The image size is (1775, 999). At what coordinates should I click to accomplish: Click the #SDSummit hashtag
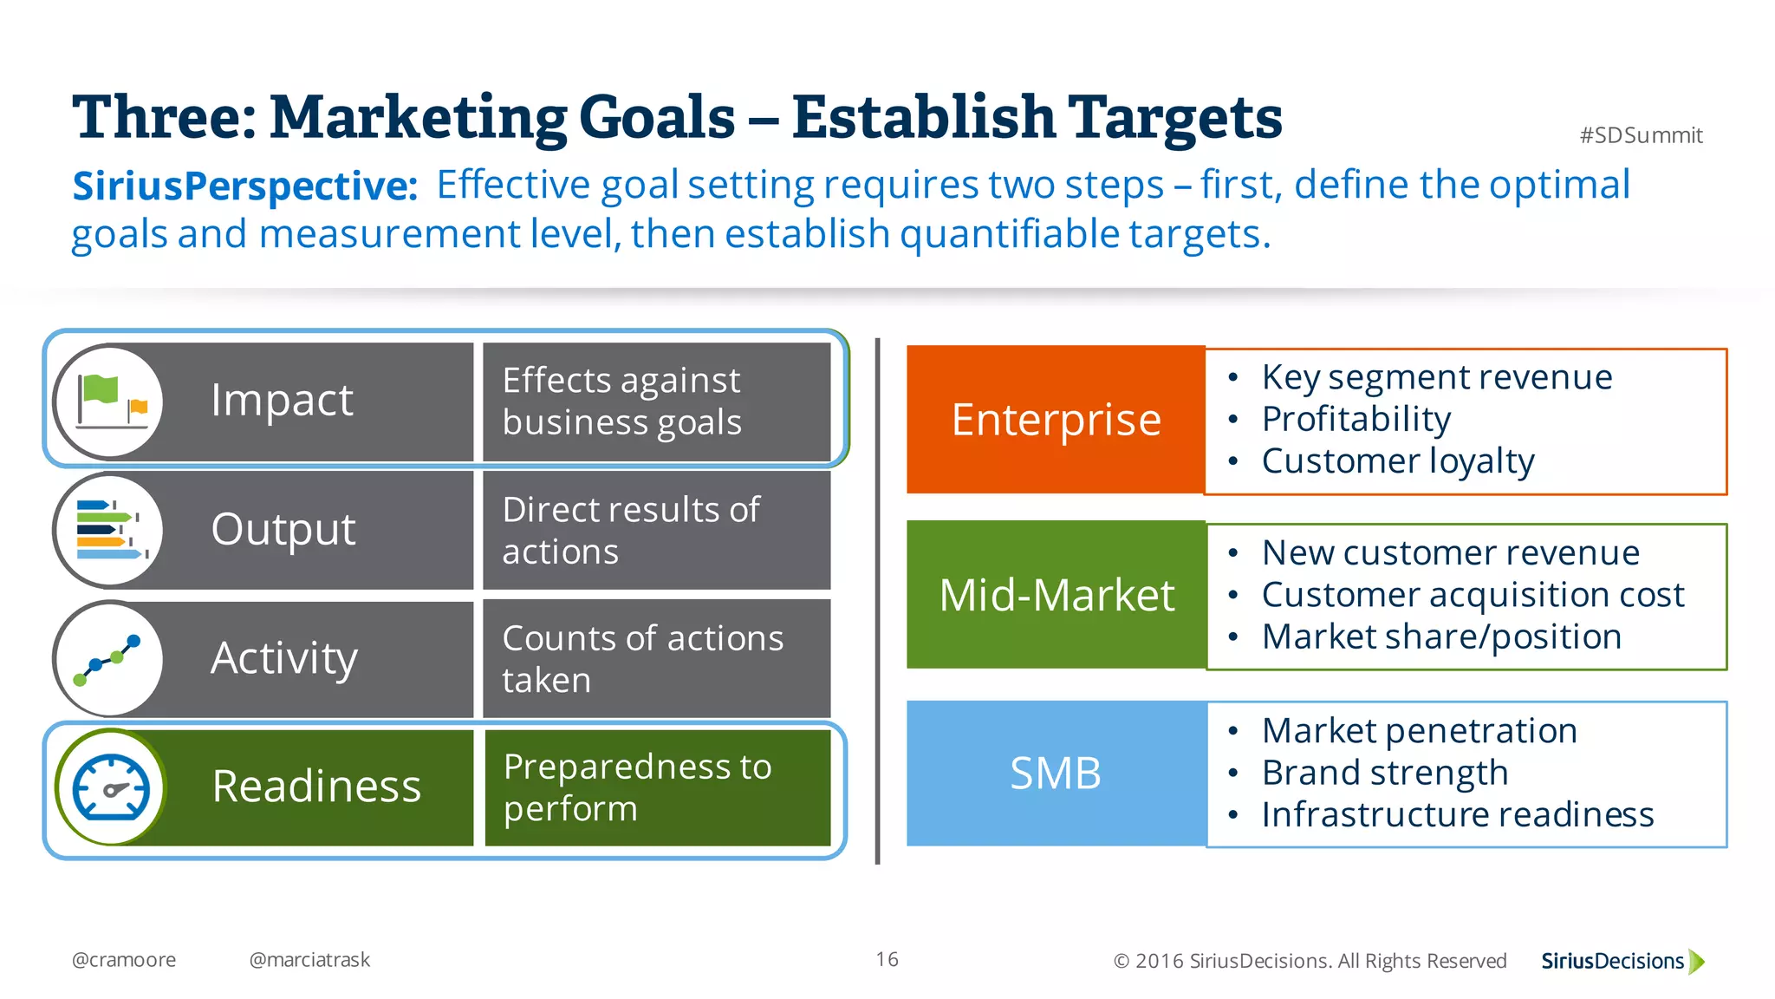coord(1640,135)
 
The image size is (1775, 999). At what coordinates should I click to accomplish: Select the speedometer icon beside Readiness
coord(111,787)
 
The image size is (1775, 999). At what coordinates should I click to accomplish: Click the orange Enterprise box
coord(1056,420)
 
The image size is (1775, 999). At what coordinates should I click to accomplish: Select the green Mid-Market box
coord(1056,595)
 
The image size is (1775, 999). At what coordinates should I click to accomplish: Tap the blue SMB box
coord(1056,773)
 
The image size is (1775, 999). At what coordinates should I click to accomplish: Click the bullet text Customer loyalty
coord(1397,461)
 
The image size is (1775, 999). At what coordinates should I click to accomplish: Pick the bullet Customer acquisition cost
coord(1472,595)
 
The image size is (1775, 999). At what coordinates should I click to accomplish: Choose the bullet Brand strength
coord(1384,773)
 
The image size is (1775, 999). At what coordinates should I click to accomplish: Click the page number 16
coord(887,959)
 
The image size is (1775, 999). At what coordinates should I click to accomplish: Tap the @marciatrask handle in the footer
coord(309,960)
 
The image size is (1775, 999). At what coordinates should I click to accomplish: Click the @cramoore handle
coord(124,960)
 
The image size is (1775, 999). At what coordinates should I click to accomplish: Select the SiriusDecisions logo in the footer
coord(1622,961)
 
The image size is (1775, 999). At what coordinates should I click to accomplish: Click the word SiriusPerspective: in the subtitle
coord(245,186)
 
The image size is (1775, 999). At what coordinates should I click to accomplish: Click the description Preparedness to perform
coord(637,787)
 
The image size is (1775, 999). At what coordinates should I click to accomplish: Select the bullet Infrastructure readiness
coord(1457,815)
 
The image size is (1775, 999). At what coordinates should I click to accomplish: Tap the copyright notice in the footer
coord(1310,961)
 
